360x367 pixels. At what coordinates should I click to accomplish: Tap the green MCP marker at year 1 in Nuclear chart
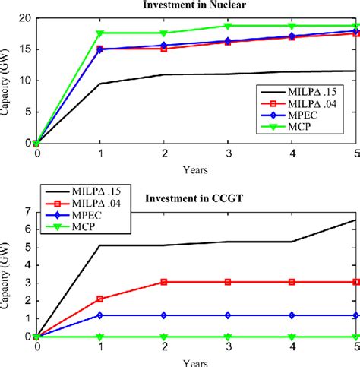point(99,33)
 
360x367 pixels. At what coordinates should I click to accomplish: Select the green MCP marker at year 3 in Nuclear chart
point(228,26)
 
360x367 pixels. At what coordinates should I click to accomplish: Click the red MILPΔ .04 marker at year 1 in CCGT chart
point(99,299)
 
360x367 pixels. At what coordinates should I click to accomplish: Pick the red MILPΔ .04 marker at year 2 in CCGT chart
point(164,281)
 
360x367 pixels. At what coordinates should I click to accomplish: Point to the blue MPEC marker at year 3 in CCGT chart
point(228,315)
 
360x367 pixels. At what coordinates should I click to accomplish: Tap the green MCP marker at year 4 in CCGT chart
point(292,336)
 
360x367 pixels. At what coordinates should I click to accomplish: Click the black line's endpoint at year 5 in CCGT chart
point(355,220)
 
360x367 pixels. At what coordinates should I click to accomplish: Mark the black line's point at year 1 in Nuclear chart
point(99,84)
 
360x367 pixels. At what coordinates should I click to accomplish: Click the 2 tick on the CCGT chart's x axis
point(164,346)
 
